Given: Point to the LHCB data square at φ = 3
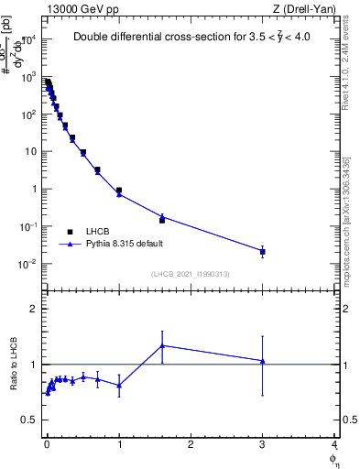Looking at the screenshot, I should (263, 251).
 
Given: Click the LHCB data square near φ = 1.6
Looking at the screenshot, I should (162, 220).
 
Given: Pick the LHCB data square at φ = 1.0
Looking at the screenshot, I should (119, 191).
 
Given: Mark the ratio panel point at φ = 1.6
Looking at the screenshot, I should (162, 345).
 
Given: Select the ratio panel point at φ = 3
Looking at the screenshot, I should (263, 361).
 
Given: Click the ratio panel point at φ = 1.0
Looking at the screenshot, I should (119, 385).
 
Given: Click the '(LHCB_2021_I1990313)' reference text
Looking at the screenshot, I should (190, 275).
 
